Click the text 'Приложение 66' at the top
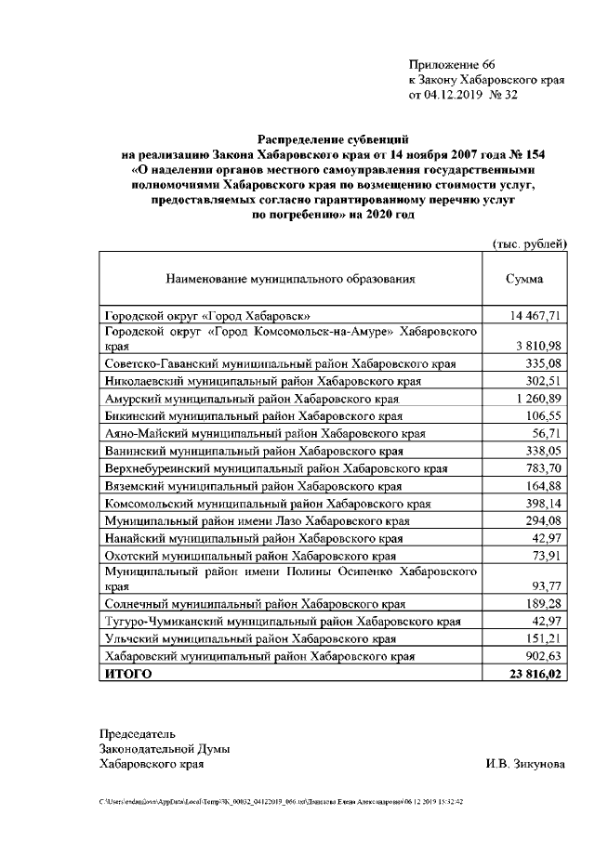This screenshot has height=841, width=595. click(x=453, y=64)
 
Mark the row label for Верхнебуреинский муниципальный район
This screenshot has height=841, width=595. click(x=275, y=467)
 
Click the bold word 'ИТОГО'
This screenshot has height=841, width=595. click(x=128, y=674)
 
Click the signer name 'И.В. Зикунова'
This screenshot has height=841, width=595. click(x=523, y=765)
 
